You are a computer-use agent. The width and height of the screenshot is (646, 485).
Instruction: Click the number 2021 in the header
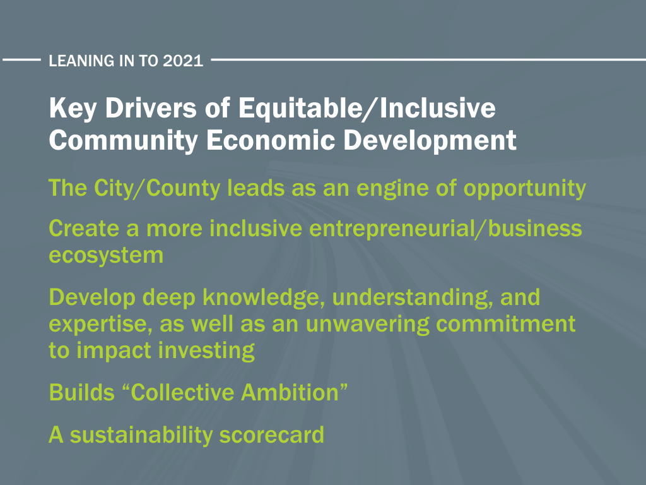tap(183, 61)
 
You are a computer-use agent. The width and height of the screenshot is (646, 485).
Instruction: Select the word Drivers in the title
tap(151, 108)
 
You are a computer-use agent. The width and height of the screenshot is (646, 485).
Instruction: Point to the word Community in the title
tap(124, 141)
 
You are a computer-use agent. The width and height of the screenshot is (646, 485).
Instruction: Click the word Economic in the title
tap(271, 140)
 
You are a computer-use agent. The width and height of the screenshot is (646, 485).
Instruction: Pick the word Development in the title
tap(430, 141)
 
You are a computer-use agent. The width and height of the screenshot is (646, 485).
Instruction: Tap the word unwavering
tap(368, 325)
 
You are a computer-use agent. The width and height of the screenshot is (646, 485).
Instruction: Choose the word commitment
tap(506, 324)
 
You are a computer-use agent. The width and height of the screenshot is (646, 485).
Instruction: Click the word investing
tap(206, 351)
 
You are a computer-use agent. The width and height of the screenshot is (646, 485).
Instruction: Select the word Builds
tap(81, 392)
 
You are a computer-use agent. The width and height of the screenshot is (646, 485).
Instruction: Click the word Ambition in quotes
tap(290, 392)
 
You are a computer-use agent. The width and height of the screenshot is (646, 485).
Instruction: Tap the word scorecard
tap(271, 435)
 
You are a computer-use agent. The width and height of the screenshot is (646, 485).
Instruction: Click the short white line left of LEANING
tap(21, 60)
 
